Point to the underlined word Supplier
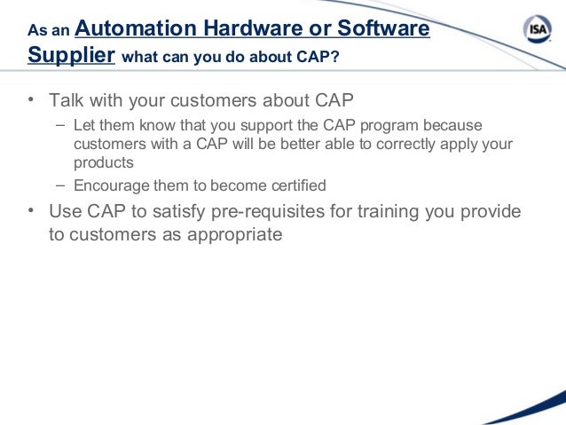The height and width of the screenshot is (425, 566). pos(71,56)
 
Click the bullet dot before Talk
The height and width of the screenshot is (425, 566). pos(32,99)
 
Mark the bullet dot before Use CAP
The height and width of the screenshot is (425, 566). pos(32,212)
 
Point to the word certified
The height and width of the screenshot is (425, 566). pos(296,186)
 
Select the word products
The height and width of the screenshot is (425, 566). pos(103,163)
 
